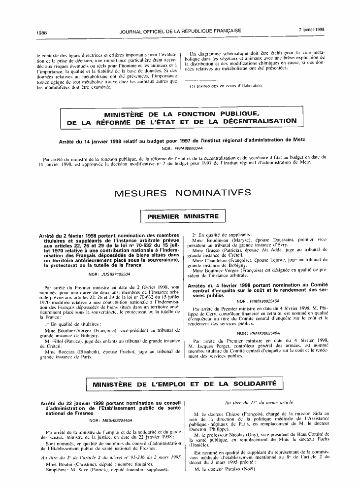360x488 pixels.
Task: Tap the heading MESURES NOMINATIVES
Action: pyautogui.click(x=182, y=192)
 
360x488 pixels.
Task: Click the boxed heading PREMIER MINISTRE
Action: pyautogui.click(x=183, y=216)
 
